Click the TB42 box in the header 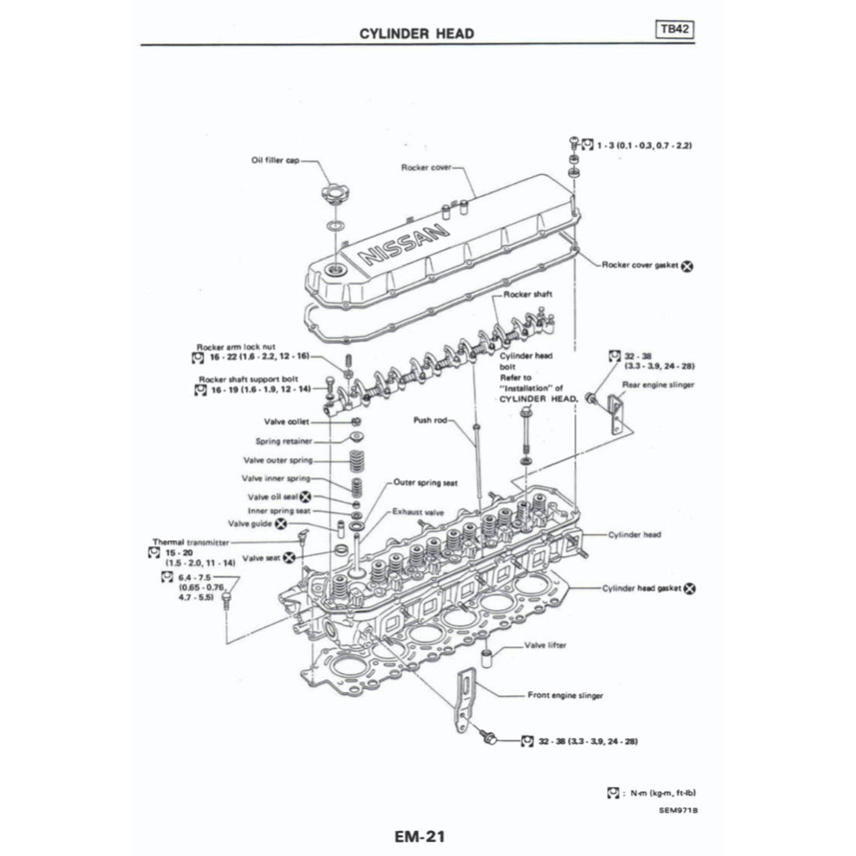tap(675, 30)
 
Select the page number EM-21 tap(426, 835)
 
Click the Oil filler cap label tap(274, 160)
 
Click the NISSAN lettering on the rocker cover tap(400, 242)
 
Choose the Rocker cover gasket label tap(641, 265)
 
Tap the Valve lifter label tap(546, 645)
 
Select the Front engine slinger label tap(565, 695)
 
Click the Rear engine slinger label tap(659, 385)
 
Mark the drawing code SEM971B tap(677, 809)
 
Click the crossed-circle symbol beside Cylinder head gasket tap(690, 588)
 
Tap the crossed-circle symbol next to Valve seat tap(288, 557)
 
